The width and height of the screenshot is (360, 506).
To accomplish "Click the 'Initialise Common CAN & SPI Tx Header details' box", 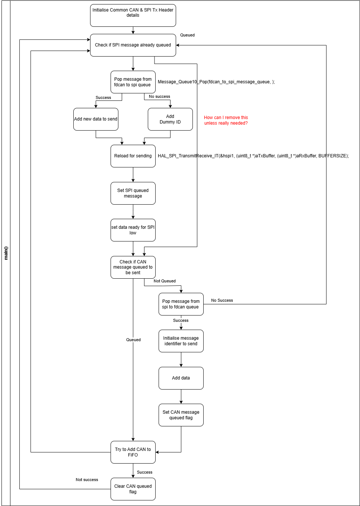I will (133, 15).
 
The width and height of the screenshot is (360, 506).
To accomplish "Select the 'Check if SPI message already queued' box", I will (133, 45).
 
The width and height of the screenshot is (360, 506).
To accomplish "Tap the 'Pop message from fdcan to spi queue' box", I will (133, 82).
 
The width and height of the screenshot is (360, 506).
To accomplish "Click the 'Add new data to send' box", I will (96, 119).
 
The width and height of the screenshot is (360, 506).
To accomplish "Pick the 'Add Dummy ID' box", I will (170, 119).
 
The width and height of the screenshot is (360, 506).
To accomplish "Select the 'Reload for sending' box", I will (133, 156).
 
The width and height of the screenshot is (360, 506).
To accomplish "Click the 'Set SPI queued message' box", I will (133, 193).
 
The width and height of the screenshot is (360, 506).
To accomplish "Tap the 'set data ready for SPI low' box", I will (133, 230).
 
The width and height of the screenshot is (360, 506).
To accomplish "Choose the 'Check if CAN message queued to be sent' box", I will (133, 267).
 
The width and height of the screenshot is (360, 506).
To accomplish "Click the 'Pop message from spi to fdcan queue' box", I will (181, 304).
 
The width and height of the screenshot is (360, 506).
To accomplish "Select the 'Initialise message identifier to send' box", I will (181, 341).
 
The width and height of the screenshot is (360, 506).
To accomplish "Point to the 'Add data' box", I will (181, 378).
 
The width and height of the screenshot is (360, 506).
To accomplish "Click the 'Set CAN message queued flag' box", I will (181, 415).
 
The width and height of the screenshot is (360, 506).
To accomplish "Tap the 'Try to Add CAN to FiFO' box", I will (133, 452).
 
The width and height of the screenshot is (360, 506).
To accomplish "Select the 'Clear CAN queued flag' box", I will (133, 489).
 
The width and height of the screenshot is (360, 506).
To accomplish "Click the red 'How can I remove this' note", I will (226, 120).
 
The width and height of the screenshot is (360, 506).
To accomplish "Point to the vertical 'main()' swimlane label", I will (6, 253).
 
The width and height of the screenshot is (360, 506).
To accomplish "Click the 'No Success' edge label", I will (222, 300).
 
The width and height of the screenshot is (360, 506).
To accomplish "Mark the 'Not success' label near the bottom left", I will (87, 480).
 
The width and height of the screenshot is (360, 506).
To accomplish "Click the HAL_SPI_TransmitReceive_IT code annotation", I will (253, 156).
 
